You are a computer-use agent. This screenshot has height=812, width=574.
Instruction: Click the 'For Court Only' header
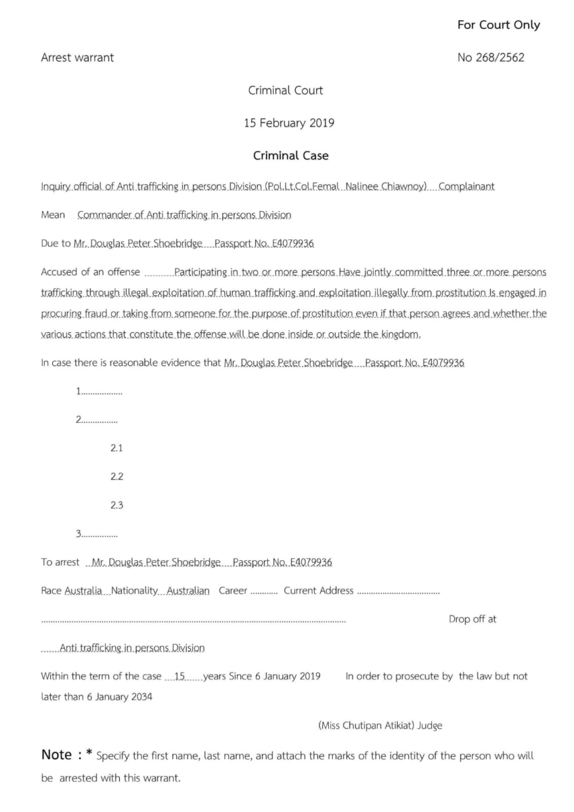click(x=498, y=25)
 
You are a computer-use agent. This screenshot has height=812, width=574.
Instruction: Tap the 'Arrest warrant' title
click(x=77, y=58)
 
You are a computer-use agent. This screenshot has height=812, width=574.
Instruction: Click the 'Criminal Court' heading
click(x=286, y=90)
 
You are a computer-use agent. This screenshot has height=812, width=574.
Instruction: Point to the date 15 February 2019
click(x=288, y=123)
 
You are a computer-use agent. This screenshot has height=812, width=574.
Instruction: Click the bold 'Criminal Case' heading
click(x=290, y=156)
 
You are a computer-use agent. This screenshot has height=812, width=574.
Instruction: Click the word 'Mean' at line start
click(x=53, y=215)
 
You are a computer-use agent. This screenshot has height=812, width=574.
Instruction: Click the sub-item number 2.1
click(x=116, y=448)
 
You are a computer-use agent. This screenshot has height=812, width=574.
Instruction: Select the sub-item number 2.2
click(x=116, y=476)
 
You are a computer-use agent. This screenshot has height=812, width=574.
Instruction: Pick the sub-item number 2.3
click(x=116, y=505)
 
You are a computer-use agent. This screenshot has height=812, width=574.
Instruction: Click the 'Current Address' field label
click(x=318, y=591)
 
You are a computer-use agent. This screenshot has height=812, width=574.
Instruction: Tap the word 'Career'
click(x=233, y=591)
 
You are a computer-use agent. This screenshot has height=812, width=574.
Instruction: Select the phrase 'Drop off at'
click(x=472, y=619)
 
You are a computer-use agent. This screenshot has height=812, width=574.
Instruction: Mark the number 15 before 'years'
click(x=179, y=677)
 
